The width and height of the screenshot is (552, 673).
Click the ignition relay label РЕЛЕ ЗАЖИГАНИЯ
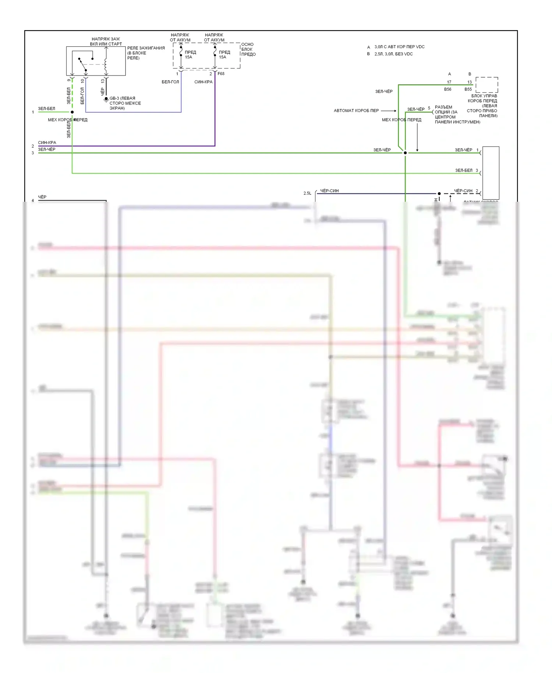point(146,48)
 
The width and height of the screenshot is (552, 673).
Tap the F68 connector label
point(221,74)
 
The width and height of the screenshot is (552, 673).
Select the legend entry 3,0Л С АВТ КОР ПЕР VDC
point(399,47)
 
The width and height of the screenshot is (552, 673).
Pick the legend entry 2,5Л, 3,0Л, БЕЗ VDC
point(393,54)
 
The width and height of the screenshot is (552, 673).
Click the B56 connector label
point(447,89)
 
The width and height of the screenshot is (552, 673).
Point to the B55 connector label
point(468,89)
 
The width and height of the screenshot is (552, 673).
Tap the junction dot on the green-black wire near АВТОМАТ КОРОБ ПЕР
point(405,153)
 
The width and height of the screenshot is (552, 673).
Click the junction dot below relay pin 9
point(72,112)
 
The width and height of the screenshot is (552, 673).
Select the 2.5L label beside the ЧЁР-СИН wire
point(307,193)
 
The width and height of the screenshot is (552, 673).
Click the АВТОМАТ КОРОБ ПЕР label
point(356,110)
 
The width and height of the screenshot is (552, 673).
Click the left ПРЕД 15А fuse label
point(190,54)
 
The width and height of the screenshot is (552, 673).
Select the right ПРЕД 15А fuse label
point(224,54)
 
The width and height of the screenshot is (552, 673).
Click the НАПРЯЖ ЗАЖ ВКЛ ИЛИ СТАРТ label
point(106,41)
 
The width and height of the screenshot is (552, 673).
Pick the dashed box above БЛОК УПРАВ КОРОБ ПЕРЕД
point(486,85)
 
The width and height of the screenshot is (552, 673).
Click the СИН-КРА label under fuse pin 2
point(203,82)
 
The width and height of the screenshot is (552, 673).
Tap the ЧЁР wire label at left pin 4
point(42,197)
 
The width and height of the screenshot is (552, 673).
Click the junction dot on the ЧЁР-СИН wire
point(439,193)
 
